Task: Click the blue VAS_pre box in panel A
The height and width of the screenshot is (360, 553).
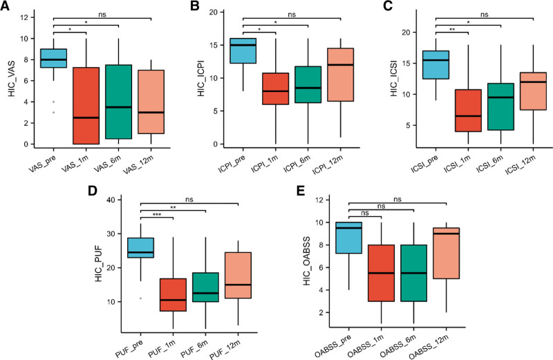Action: coord(54,58)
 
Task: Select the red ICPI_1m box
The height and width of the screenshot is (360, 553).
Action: coord(275,89)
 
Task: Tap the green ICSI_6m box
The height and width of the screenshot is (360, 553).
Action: coord(500,107)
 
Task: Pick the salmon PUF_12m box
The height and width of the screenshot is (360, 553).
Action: coord(238,276)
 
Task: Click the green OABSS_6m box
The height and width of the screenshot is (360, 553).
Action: coord(413,273)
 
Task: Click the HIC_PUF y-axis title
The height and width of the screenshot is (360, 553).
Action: coord(99,265)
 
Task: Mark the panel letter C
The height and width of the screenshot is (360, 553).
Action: coord(388,6)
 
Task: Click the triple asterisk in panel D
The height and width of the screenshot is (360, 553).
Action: coord(157,215)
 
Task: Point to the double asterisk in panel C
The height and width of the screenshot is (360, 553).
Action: coord(452,30)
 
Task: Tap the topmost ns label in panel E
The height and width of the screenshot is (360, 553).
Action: coord(397,199)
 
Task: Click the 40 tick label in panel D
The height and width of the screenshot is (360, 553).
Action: coord(112,200)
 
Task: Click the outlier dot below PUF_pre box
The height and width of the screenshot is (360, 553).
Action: coord(141,299)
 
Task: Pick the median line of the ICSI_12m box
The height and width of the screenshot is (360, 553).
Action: coord(533,82)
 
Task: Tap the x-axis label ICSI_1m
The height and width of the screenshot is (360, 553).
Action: coord(458,164)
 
